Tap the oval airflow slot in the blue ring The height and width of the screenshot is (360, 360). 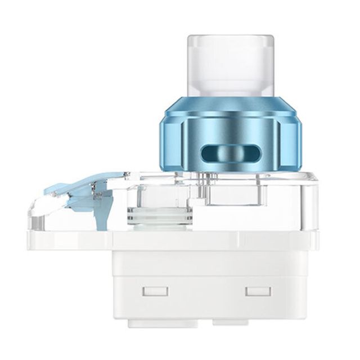click(229, 152)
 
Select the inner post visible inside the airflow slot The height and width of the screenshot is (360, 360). click(229, 153)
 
